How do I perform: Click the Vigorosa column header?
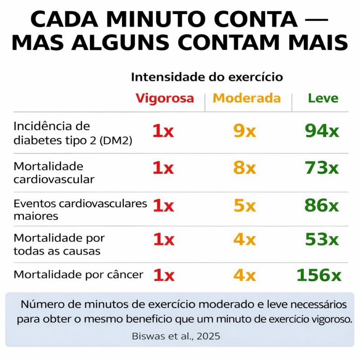coord(165,98)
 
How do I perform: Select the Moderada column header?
coord(247,98)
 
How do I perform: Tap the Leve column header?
coord(323,98)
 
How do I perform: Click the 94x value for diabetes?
coord(322,131)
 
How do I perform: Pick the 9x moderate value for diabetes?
coord(244,131)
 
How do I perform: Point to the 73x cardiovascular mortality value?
coord(322,168)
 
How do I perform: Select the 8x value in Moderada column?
coord(244,168)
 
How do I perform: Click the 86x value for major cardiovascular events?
coord(322,206)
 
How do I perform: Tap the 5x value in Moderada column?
coord(244,206)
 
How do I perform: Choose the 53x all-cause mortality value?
coord(322,239)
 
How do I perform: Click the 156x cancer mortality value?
coord(319,274)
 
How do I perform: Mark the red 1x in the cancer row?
coord(163,274)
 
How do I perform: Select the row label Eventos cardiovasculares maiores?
coord(80,209)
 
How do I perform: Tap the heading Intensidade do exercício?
coord(207,77)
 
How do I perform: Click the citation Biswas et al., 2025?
coord(176,336)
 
